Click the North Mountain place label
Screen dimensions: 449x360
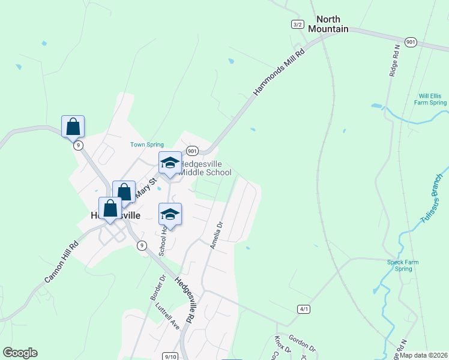click(328, 24)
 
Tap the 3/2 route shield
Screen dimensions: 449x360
click(297, 24)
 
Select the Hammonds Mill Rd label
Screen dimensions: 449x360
click(279, 72)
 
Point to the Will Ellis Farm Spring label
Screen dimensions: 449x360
click(432, 99)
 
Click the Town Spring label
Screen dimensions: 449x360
click(147, 145)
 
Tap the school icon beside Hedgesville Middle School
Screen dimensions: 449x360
click(170, 164)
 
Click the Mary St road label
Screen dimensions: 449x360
click(146, 187)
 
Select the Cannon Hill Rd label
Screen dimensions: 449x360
click(62, 262)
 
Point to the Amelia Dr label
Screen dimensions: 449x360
click(216, 235)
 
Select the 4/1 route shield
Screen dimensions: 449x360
click(303, 309)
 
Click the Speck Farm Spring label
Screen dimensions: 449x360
click(399, 265)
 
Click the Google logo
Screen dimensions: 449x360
click(20, 353)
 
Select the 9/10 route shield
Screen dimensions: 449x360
click(170, 357)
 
